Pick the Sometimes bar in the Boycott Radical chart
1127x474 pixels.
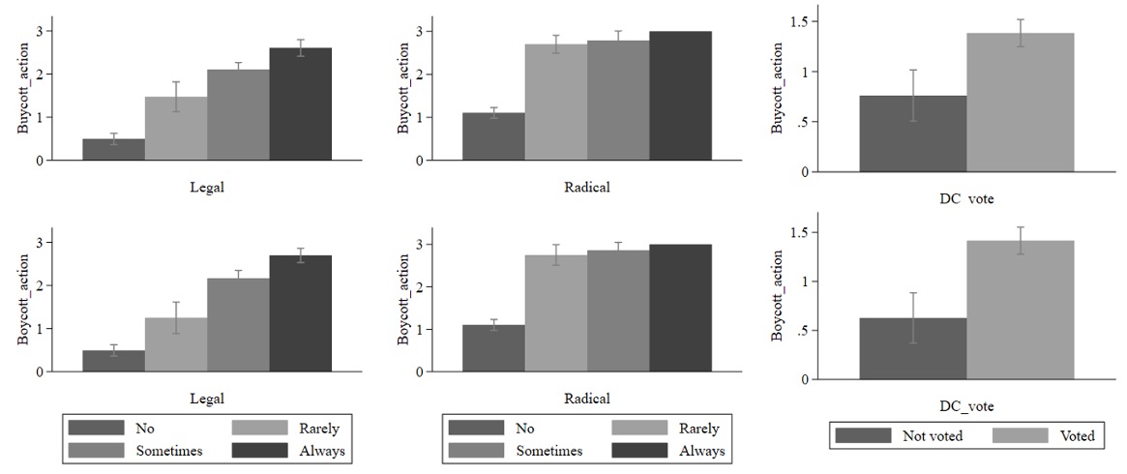click(x=618, y=311)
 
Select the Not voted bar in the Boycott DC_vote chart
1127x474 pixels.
click(x=913, y=349)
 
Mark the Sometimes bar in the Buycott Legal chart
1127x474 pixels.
click(x=238, y=115)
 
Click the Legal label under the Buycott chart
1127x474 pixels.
click(x=207, y=188)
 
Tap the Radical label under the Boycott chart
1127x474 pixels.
click(x=587, y=399)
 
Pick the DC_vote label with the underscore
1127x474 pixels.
click(x=966, y=407)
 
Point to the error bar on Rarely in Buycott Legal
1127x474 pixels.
click(x=176, y=96)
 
